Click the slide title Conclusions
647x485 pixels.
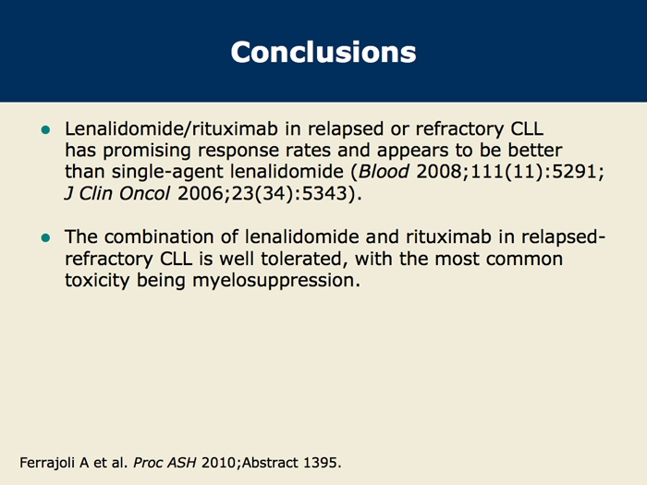323,52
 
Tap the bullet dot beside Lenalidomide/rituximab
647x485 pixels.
46,130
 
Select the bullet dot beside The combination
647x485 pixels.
46,238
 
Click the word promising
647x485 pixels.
147,151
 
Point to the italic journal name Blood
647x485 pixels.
384,171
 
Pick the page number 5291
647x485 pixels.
574,171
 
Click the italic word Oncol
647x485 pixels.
144,193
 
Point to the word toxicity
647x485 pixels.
97,281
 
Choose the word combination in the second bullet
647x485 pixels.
171,236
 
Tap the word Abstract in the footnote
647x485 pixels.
270,463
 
